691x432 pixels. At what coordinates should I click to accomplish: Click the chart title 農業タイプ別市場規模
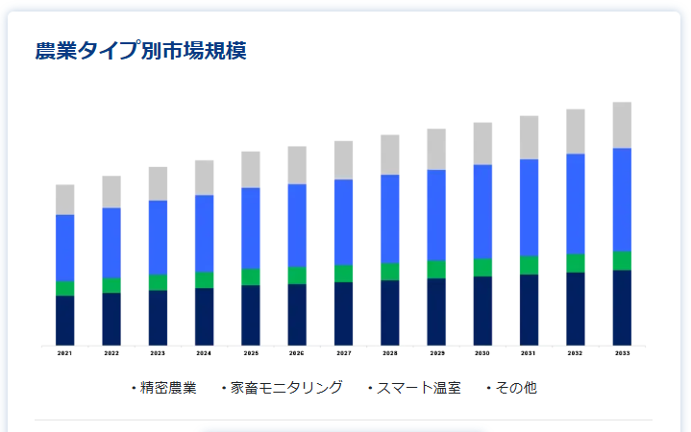140,51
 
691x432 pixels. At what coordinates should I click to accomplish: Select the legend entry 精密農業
167,388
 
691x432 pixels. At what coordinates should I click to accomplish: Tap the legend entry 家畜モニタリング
285,388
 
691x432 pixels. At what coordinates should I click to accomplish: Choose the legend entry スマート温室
418,388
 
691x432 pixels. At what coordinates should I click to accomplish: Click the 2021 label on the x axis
64,353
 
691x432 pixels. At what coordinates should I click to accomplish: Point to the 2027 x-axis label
343,353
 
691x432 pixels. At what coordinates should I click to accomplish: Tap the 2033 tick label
622,353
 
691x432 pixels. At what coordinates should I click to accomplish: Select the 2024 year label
204,353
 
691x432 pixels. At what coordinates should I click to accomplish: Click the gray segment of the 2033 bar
622,125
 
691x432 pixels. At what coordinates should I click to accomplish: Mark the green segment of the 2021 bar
64,288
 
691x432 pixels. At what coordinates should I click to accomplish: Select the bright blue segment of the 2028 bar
389,219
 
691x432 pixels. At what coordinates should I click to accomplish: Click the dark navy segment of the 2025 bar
250,315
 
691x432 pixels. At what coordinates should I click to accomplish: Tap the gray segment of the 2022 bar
111,192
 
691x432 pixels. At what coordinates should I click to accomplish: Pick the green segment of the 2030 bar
482,267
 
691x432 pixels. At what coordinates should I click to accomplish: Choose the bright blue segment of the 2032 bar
575,204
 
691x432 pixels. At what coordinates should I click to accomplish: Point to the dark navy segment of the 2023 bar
158,318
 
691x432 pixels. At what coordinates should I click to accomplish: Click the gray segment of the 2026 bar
297,165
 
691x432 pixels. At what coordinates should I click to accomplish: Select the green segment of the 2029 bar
436,269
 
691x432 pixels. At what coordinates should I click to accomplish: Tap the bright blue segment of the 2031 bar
529,207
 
